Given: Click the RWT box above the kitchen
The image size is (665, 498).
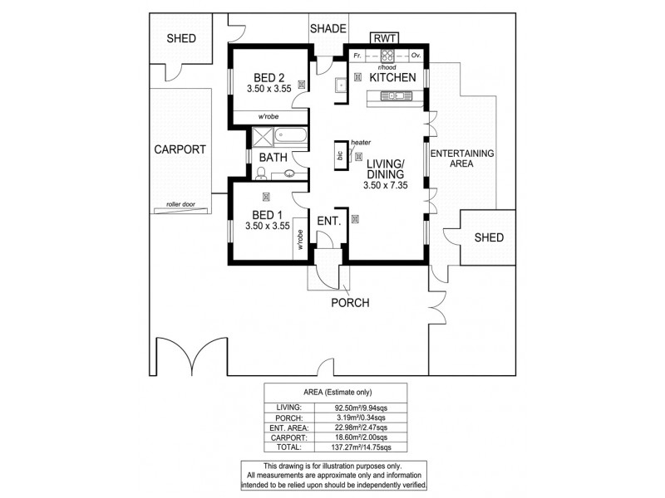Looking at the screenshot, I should click(x=385, y=37).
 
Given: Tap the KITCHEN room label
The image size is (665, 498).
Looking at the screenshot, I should click(x=392, y=77).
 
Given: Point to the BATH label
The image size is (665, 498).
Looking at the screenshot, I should click(x=273, y=157).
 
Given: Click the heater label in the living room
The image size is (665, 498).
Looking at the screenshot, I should click(x=361, y=142).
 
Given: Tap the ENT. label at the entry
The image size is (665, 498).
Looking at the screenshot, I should click(x=329, y=221).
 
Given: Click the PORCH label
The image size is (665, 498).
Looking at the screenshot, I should click(x=350, y=302).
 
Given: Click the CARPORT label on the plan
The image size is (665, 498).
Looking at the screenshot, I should click(x=180, y=150).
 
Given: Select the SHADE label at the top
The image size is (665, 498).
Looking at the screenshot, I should click(x=328, y=29).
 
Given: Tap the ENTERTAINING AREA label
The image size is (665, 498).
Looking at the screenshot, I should click(x=461, y=159).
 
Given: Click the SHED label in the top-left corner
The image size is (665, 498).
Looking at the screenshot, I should click(x=181, y=38).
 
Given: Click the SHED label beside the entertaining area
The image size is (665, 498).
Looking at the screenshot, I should click(x=489, y=237).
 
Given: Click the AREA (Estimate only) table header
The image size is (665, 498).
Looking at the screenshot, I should click(x=335, y=393).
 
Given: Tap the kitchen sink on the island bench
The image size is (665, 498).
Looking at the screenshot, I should click(x=395, y=96).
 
